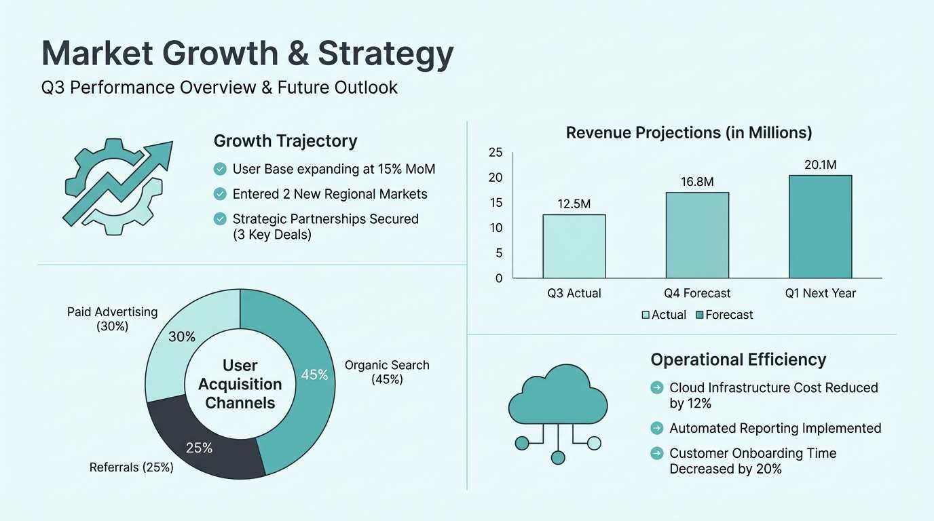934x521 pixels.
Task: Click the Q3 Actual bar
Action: [574, 246]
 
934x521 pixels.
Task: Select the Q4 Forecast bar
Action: [697, 235]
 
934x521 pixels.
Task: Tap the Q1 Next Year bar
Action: [820, 227]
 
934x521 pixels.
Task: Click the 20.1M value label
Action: [820, 165]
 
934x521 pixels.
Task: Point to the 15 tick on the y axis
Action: [496, 202]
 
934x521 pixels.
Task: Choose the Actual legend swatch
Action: [646, 315]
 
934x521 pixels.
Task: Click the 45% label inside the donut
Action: [314, 374]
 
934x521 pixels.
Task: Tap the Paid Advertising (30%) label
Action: [112, 319]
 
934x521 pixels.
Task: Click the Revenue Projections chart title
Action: [689, 133]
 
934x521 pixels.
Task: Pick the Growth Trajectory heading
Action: [285, 141]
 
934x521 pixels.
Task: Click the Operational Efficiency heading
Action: [738, 360]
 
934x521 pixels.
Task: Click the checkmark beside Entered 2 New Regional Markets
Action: [220, 194]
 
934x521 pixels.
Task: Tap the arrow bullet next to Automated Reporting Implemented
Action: [656, 428]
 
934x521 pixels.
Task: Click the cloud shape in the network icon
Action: [558, 395]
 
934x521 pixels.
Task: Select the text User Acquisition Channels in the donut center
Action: [240, 384]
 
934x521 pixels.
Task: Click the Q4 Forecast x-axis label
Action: [697, 293]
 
